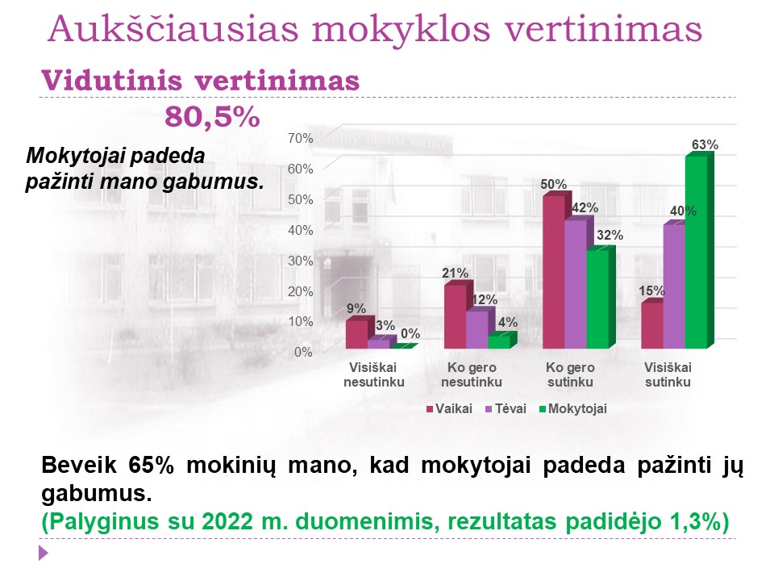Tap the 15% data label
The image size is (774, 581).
click(x=651, y=291)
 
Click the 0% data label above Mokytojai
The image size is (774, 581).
click(x=410, y=334)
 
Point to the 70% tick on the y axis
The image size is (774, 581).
click(x=301, y=138)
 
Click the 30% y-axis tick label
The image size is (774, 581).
click(x=301, y=261)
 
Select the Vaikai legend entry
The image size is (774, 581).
click(x=449, y=409)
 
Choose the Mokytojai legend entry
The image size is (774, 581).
click(x=573, y=409)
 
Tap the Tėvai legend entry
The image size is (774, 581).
click(x=506, y=409)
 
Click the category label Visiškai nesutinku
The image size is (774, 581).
click(x=373, y=375)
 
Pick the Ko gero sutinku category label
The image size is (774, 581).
click(x=570, y=375)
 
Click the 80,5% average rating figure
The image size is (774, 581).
click(x=212, y=117)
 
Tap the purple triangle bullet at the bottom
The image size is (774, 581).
click(x=44, y=553)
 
